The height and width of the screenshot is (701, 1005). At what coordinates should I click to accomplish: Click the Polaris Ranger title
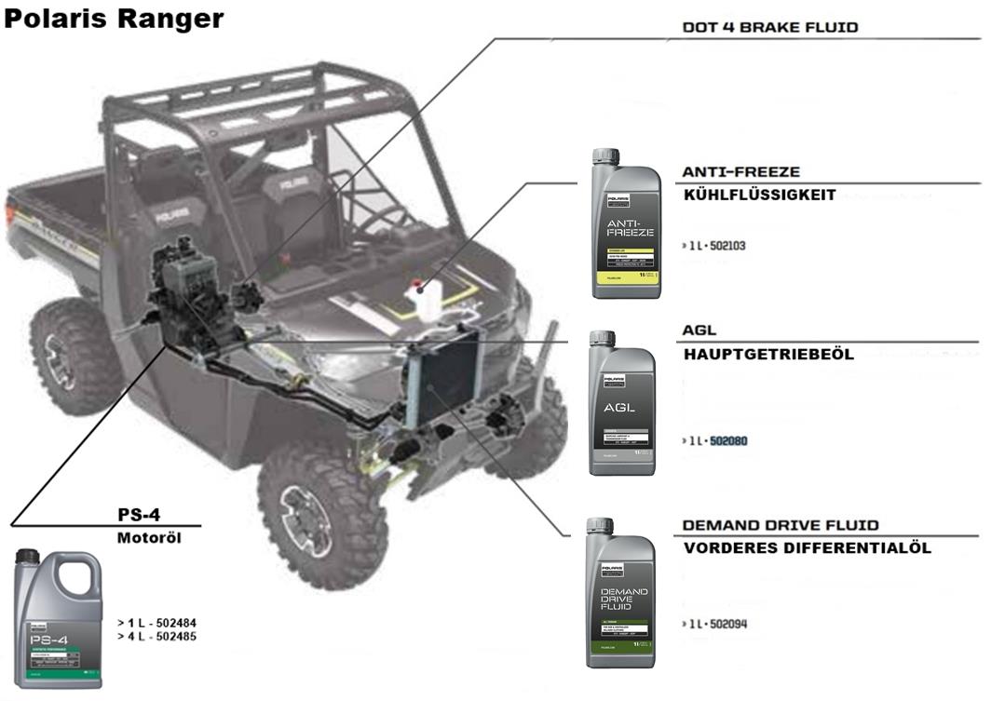coord(114,19)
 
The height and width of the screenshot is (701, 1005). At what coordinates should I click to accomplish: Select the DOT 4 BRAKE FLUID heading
coord(770,28)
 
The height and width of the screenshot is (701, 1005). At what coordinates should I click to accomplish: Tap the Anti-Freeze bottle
coord(626,224)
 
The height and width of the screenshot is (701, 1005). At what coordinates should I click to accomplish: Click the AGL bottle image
coord(622,404)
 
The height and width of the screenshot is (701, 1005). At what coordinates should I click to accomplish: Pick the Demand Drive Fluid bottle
coord(620,593)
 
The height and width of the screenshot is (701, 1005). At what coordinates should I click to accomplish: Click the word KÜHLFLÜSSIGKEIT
coord(759,195)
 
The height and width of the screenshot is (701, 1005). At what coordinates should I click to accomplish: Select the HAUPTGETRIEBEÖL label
coord(768,354)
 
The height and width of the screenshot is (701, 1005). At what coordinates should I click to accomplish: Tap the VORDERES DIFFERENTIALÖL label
coord(808,548)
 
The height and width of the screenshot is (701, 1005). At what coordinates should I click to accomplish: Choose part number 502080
coord(728,440)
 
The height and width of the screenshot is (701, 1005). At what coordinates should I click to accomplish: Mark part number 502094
coord(727,624)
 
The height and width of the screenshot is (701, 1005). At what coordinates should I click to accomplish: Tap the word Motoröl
coord(149,538)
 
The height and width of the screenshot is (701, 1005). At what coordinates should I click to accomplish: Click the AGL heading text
coord(699,330)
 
